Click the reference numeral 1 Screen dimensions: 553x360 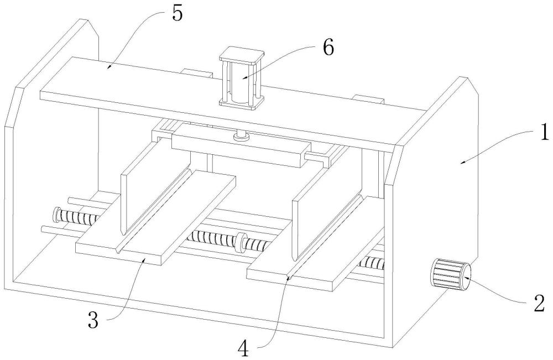coord(544,134)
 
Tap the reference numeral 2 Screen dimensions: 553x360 coord(539,304)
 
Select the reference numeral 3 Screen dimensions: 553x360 coord(93,320)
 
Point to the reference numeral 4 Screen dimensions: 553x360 coord(244,349)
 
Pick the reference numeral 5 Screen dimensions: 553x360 coord(178,14)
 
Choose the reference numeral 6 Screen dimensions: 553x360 coord(328,47)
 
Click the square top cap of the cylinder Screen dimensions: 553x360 coord(242,56)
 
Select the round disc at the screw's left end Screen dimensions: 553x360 coord(56,215)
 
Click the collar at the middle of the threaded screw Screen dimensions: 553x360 coord(241,243)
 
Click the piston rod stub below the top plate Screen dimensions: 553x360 coord(242,135)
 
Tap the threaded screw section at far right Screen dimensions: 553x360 coord(372,262)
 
